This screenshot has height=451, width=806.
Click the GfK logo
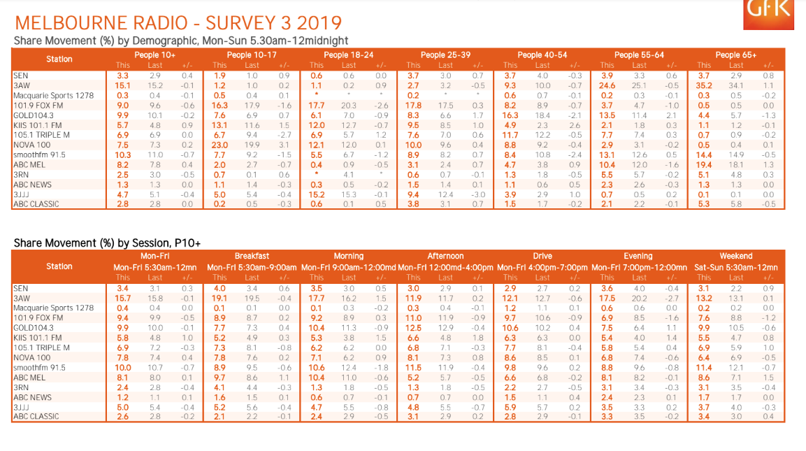tap(768, 13)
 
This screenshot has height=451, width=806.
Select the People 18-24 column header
tap(349, 55)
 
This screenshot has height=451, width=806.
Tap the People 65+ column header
tap(736, 55)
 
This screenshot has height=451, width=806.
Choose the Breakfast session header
tap(252, 256)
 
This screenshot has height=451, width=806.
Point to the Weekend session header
tap(736, 256)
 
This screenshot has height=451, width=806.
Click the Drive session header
tap(542, 256)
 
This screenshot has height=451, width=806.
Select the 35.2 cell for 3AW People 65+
tap(705, 85)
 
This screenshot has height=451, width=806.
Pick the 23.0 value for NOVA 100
tap(220, 145)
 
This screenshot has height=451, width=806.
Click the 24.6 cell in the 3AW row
tap(607, 85)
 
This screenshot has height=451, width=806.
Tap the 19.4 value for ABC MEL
tap(705, 164)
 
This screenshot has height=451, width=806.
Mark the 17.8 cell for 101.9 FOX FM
tap(414, 105)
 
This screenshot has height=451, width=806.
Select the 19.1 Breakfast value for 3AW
tap(220, 298)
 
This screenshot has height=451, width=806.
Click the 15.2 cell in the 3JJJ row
tap(317, 194)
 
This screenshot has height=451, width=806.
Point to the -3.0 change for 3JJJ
tap(478, 194)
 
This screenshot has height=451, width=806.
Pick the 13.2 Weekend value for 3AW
tap(705, 298)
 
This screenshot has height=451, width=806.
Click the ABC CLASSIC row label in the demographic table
tap(36, 204)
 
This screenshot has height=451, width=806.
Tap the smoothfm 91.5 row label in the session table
tap(39, 367)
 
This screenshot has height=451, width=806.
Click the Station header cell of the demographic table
tap(59, 59)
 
